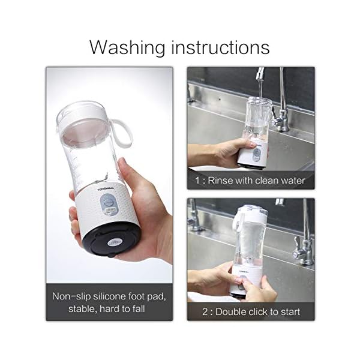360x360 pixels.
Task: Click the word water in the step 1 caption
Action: point(292,180)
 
